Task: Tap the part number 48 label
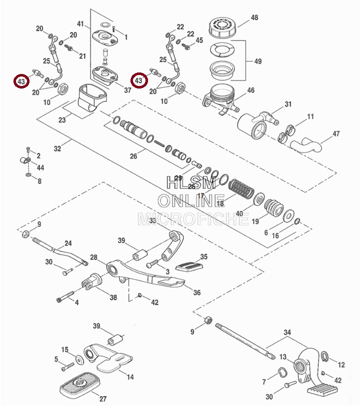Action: pyautogui.click(x=254, y=18)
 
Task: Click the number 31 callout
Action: pyautogui.click(x=287, y=104)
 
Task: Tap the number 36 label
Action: pyautogui.click(x=196, y=293)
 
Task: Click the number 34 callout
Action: pyautogui.click(x=286, y=333)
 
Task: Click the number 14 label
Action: pyautogui.click(x=130, y=377)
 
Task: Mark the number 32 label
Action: pyautogui.click(x=57, y=148)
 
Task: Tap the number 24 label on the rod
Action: pyautogui.click(x=67, y=243)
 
